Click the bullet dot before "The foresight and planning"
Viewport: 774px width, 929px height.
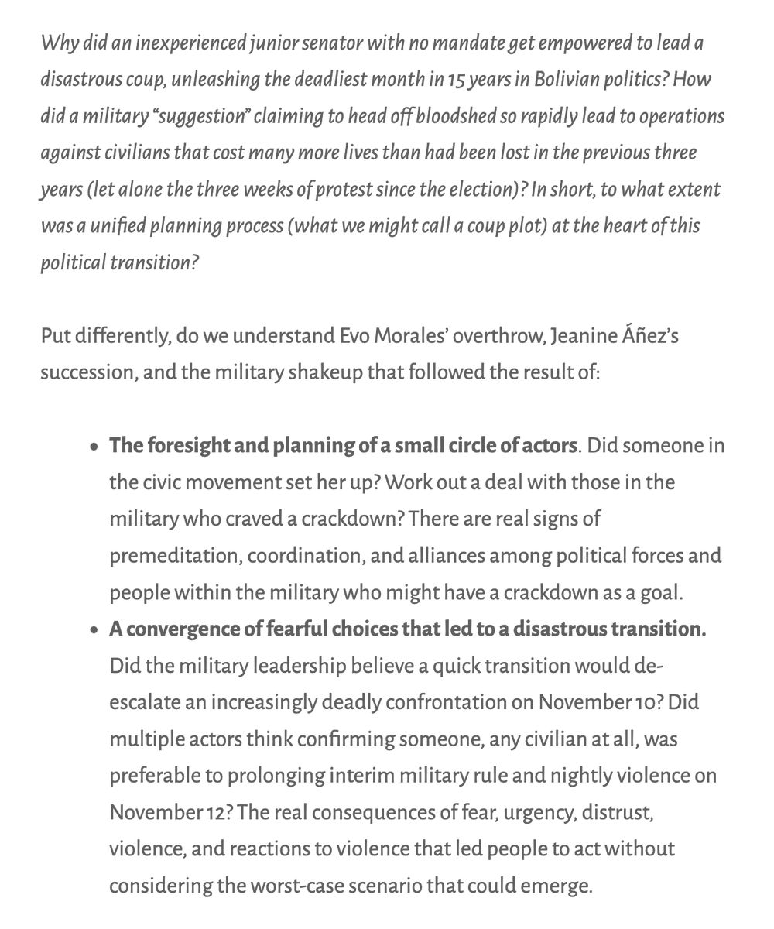click(x=94, y=447)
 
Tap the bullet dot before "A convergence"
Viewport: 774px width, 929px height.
click(x=94, y=630)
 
